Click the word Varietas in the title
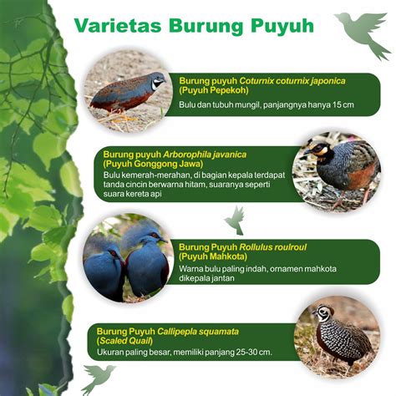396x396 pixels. point(118,26)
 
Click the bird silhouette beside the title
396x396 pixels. point(362,34)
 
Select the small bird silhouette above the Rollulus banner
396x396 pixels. point(235,221)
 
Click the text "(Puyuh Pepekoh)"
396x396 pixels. point(214,90)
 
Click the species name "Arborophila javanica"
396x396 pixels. point(205,155)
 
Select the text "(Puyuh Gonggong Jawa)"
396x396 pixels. point(153,164)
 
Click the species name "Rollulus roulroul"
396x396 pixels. point(273,247)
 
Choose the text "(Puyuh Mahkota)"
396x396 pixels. point(213,256)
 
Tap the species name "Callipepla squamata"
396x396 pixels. point(198,332)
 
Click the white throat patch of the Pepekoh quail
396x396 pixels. point(156,84)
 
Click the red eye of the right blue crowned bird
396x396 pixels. point(155,236)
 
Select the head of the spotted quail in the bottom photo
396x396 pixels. point(323,312)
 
